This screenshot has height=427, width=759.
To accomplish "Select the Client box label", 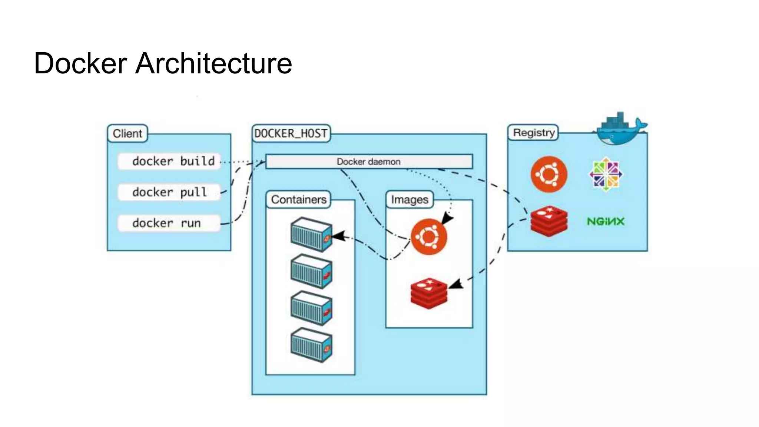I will tap(127, 133).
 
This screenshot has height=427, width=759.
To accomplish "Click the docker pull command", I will tap(169, 192).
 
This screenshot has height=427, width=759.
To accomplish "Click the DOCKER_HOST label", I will tap(291, 133).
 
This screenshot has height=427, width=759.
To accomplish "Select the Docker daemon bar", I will tap(369, 162).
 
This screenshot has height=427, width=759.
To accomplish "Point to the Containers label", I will tap(298, 199).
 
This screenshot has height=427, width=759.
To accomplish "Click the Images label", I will tap(410, 200).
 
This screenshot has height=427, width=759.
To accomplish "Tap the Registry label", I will tap(533, 133).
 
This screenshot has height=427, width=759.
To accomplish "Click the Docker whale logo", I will tap(620, 130).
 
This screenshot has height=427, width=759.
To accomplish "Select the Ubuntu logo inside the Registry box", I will tap(549, 174).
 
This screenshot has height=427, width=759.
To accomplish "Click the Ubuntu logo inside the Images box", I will tap(429, 236).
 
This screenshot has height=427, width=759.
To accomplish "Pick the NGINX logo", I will tap(606, 222).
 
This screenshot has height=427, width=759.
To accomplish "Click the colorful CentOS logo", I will tap(606, 174).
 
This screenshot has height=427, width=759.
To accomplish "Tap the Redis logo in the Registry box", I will tap(549, 221).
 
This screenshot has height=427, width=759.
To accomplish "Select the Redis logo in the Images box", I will tap(429, 293).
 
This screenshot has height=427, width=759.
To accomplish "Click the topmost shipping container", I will tap(311, 235).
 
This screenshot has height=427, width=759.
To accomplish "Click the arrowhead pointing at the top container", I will tap(338, 236).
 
